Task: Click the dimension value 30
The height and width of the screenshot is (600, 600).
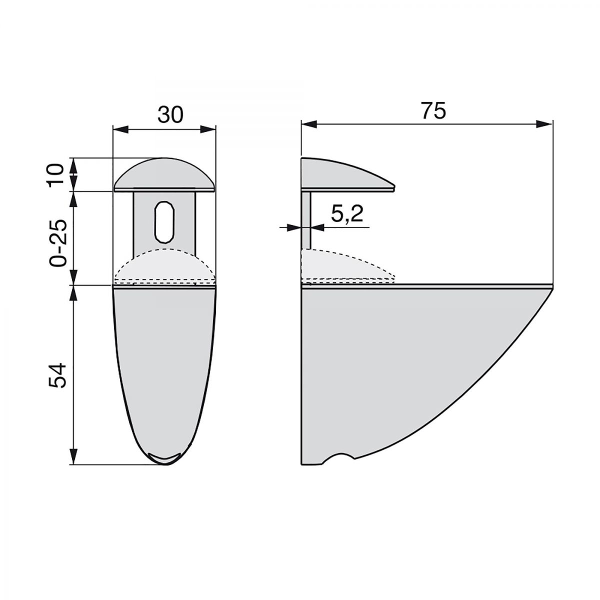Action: [x=171, y=114]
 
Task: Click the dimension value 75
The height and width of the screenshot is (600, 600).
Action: [x=432, y=111]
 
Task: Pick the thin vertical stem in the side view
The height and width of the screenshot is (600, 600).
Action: [x=306, y=220]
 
